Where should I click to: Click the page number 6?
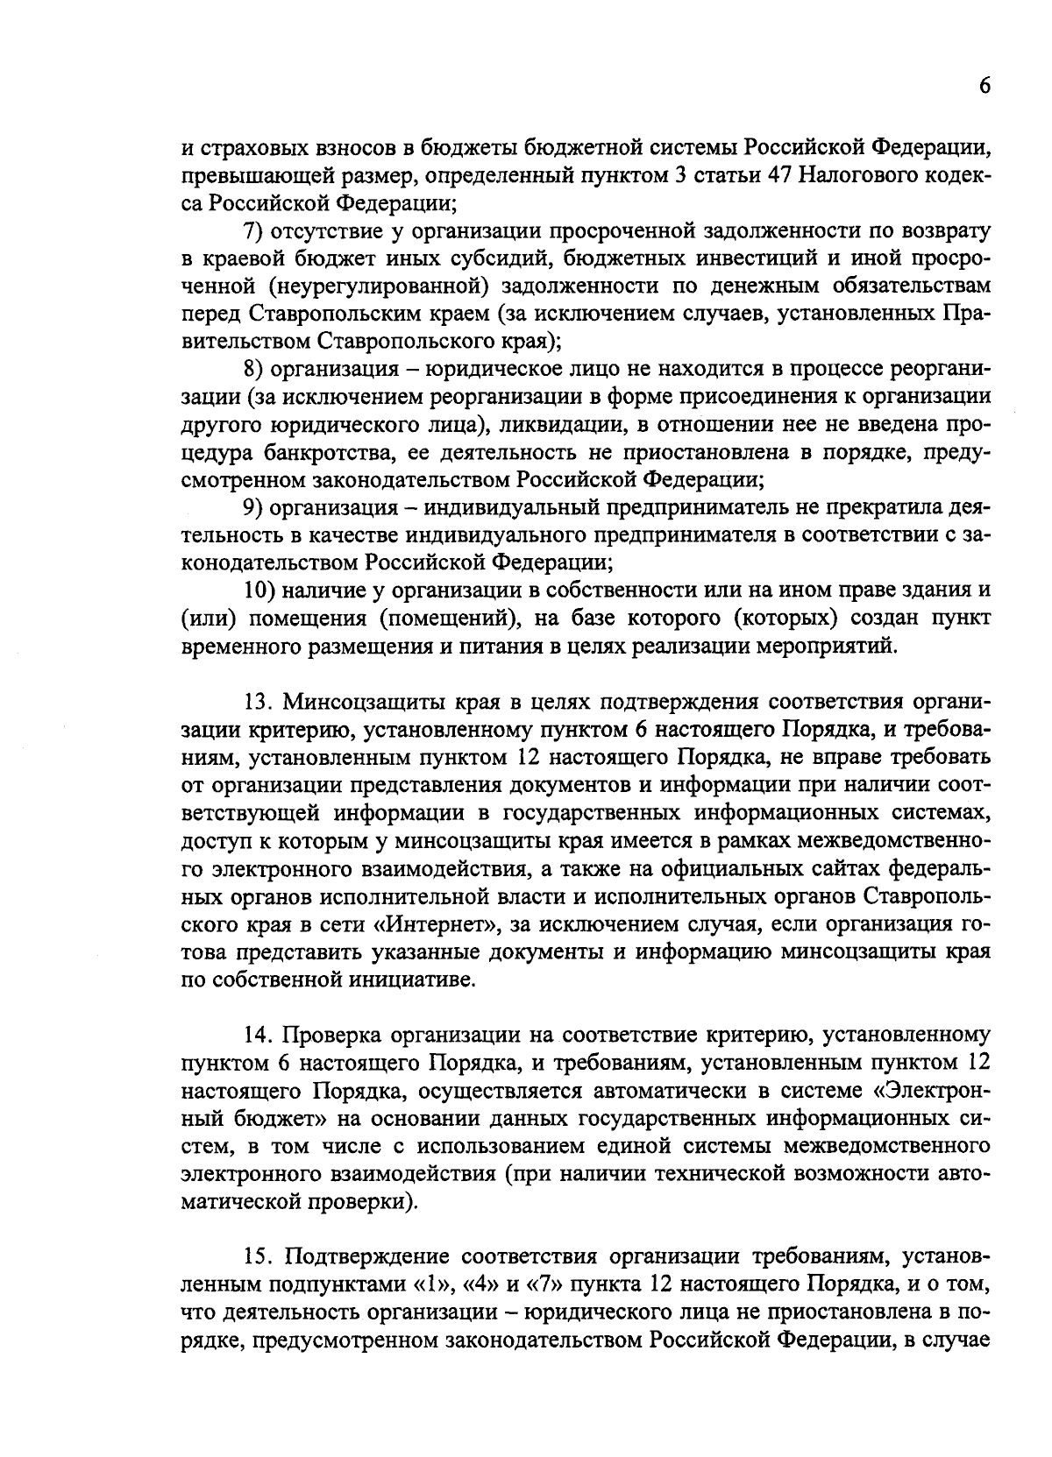(x=984, y=86)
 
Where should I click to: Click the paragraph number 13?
(x=259, y=702)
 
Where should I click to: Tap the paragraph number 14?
(x=259, y=1035)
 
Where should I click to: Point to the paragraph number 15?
(x=259, y=1256)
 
